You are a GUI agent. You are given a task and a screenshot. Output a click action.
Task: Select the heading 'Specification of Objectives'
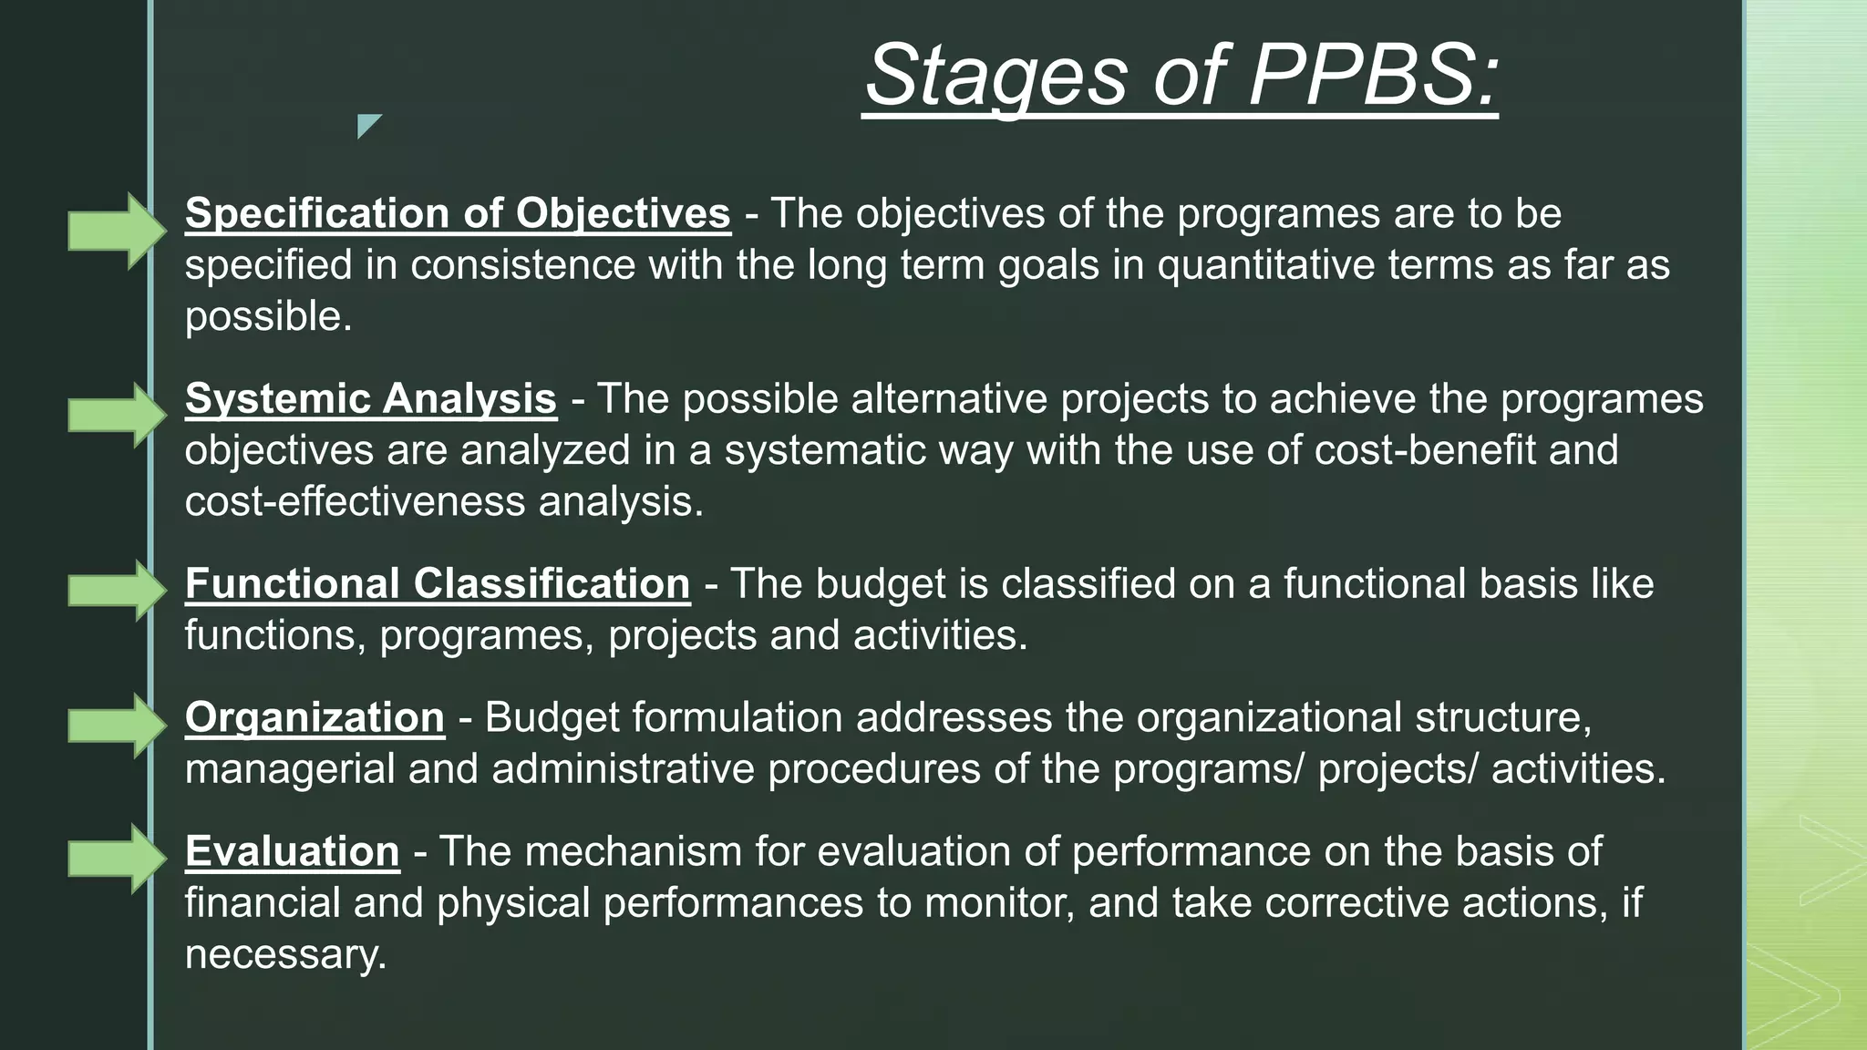click(458, 213)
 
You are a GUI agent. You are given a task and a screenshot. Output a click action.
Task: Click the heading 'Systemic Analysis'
click(370, 399)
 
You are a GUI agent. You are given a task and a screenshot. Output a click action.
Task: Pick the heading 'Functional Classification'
click(438, 584)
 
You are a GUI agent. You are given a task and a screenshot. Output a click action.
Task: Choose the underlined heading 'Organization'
click(315, 717)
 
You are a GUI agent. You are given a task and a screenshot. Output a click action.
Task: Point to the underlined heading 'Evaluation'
click(292, 851)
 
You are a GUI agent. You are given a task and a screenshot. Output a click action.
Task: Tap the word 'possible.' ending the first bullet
click(268, 317)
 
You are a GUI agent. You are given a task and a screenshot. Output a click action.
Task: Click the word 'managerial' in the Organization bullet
click(289, 769)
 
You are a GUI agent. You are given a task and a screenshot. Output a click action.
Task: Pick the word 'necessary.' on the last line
click(285, 955)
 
